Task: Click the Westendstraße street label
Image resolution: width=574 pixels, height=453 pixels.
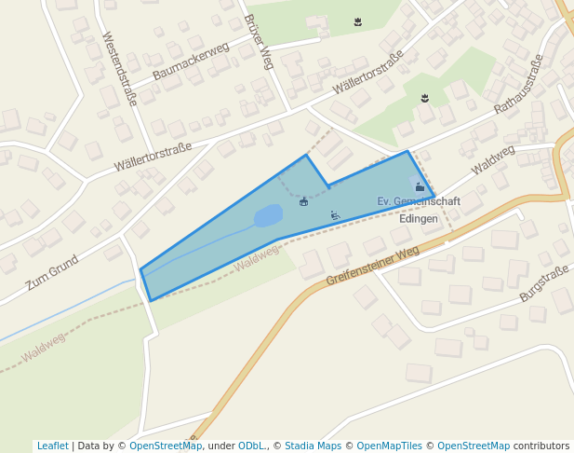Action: click(118, 69)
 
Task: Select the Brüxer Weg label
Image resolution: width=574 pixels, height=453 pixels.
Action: click(258, 42)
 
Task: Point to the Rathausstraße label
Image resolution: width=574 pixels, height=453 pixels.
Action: click(518, 85)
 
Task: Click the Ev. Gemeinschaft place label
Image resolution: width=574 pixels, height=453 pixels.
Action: click(419, 201)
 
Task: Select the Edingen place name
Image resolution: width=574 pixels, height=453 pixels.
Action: click(418, 218)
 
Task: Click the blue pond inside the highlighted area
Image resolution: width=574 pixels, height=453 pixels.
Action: click(268, 215)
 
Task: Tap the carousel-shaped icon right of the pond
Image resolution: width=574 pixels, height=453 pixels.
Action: click(303, 201)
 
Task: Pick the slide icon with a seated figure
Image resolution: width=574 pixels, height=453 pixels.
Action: click(335, 216)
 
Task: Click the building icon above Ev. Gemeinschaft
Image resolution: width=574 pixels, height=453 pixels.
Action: click(420, 187)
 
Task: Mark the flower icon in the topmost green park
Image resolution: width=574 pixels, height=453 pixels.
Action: click(358, 21)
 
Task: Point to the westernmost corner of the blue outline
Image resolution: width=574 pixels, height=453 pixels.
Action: click(141, 270)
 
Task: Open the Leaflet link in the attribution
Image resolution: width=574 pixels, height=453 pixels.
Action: click(52, 446)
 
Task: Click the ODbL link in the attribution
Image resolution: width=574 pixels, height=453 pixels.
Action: click(250, 446)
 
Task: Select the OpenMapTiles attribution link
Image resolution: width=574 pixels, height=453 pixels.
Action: click(391, 446)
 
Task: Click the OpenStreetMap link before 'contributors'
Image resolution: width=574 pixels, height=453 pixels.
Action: click(474, 446)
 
